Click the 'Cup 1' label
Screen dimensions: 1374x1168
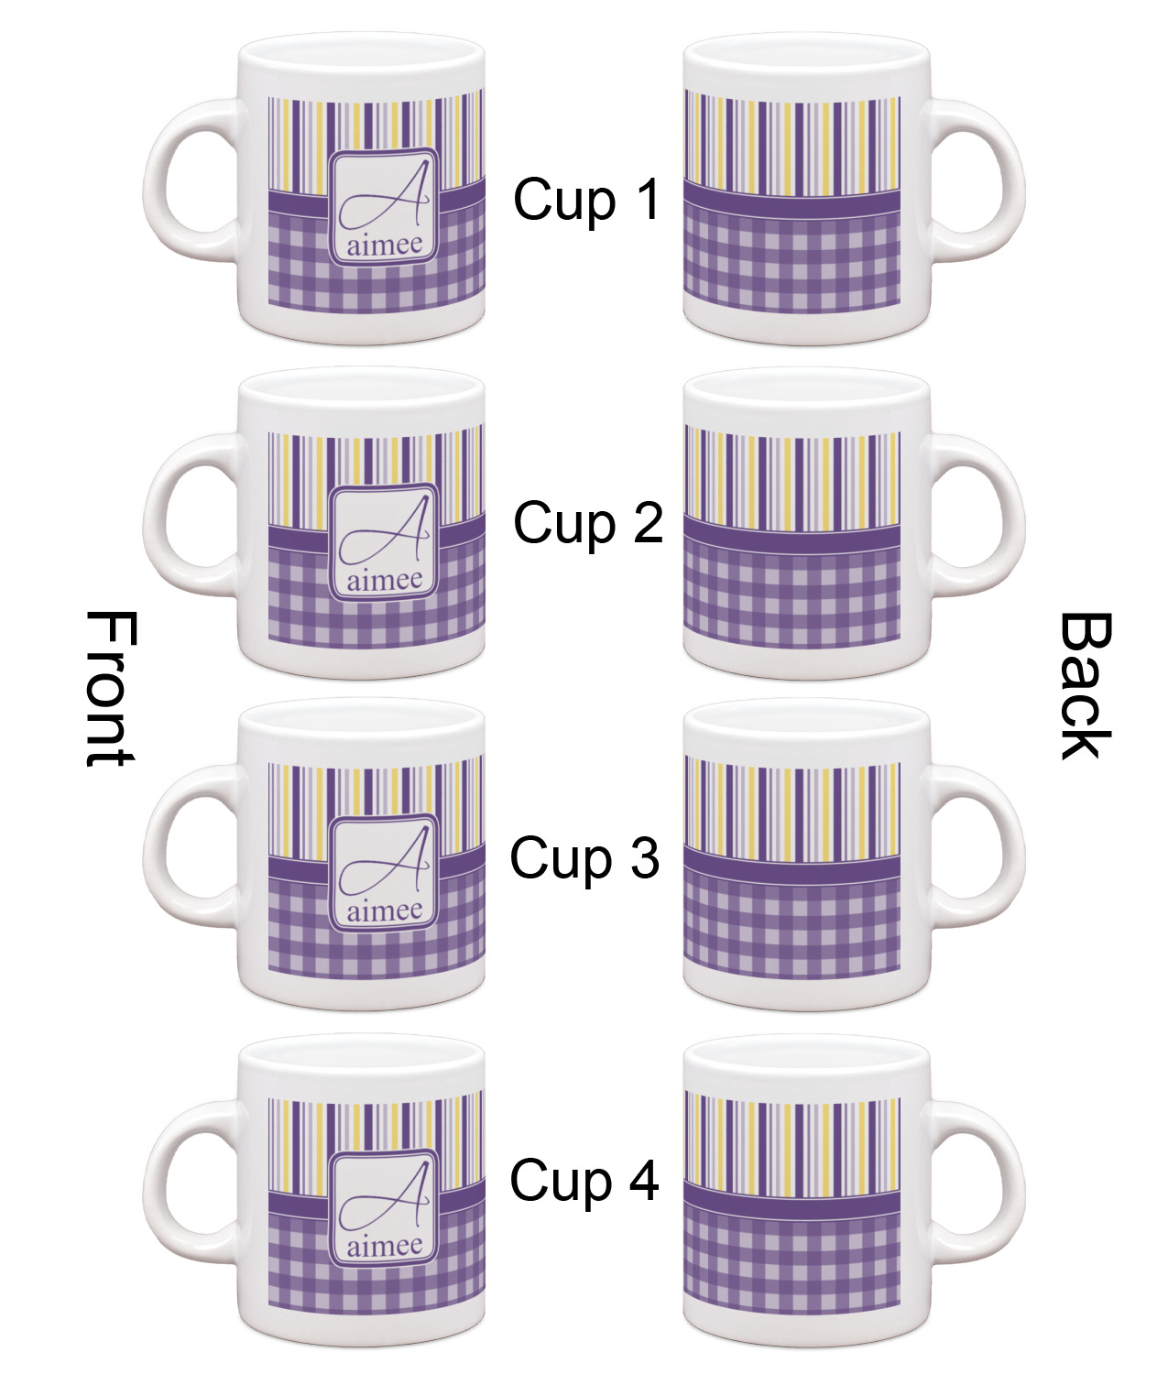586,200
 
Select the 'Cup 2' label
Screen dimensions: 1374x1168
587,523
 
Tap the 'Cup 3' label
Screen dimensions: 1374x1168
584,859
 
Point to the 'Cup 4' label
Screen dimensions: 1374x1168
584,1180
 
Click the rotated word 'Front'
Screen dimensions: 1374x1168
110,689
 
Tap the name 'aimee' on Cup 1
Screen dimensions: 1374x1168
385,245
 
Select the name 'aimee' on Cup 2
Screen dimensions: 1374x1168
385,580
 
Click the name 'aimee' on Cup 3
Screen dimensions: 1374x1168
385,911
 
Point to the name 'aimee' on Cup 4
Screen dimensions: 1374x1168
385,1245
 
